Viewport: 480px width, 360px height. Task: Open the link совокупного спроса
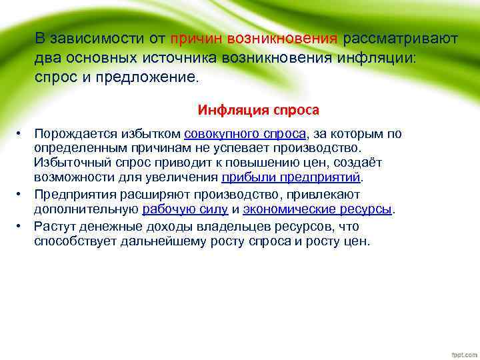pyautogui.click(x=245, y=134)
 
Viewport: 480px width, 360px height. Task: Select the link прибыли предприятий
pyautogui.click(x=291, y=177)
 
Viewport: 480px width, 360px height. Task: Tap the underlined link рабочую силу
pyautogui.click(x=185, y=209)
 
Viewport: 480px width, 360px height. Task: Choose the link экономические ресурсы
pyautogui.click(x=317, y=209)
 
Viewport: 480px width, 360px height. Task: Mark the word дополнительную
pyautogui.click(x=86, y=209)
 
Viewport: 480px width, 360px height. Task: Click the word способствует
pyautogui.click(x=75, y=241)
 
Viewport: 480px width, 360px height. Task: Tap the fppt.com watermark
pyautogui.click(x=461, y=351)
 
